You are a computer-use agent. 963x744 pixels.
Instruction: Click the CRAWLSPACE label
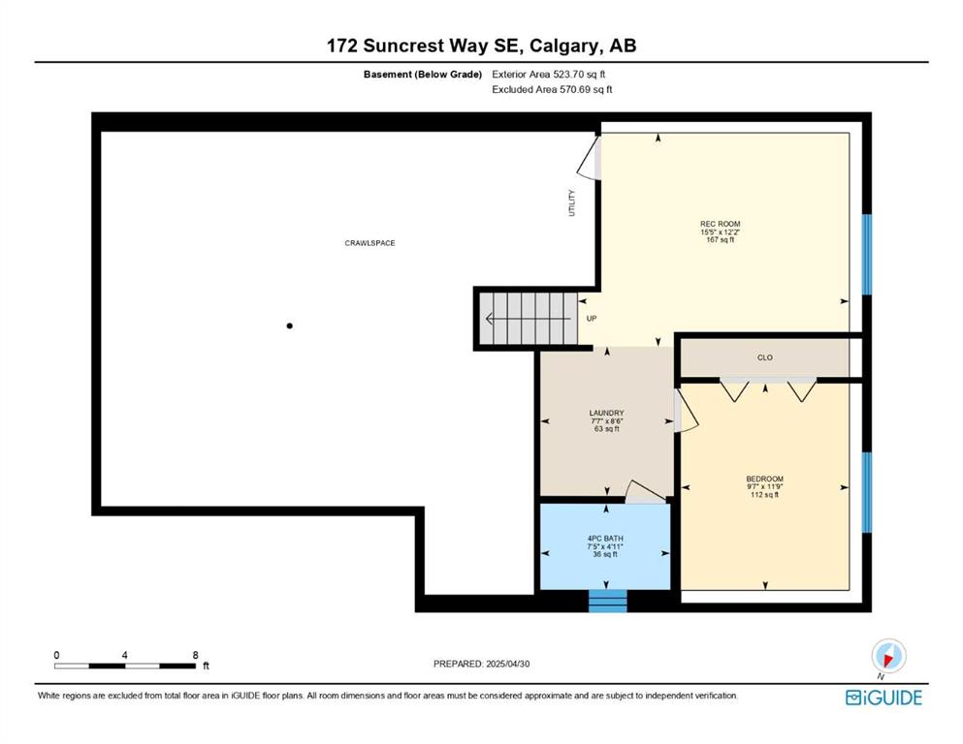click(369, 243)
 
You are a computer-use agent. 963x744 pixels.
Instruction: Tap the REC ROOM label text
click(720, 224)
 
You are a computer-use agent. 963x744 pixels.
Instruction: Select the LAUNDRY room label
click(607, 414)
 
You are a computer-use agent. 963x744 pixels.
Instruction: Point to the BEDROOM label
click(764, 479)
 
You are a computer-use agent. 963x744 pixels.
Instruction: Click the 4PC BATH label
click(605, 539)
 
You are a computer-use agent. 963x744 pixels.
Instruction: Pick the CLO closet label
click(764, 357)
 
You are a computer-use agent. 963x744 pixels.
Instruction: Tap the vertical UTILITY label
click(572, 202)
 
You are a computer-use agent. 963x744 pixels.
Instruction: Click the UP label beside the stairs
click(592, 319)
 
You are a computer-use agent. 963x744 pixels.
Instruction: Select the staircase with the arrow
click(529, 319)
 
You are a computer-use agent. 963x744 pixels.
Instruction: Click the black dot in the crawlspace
click(289, 325)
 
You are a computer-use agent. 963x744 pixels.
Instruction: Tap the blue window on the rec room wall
click(867, 255)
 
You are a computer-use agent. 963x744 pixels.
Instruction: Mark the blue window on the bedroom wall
click(867, 492)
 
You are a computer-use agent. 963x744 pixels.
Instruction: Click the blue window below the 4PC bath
click(607, 601)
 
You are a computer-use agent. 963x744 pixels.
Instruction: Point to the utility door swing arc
click(587, 161)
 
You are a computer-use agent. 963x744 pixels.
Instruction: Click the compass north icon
click(888, 656)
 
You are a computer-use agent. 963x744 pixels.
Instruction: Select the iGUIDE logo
click(883, 698)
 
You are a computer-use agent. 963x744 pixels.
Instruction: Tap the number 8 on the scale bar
click(195, 655)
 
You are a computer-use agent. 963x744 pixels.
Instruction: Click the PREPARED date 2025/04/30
click(507, 664)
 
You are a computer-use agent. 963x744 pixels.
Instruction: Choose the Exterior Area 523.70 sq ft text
click(549, 75)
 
